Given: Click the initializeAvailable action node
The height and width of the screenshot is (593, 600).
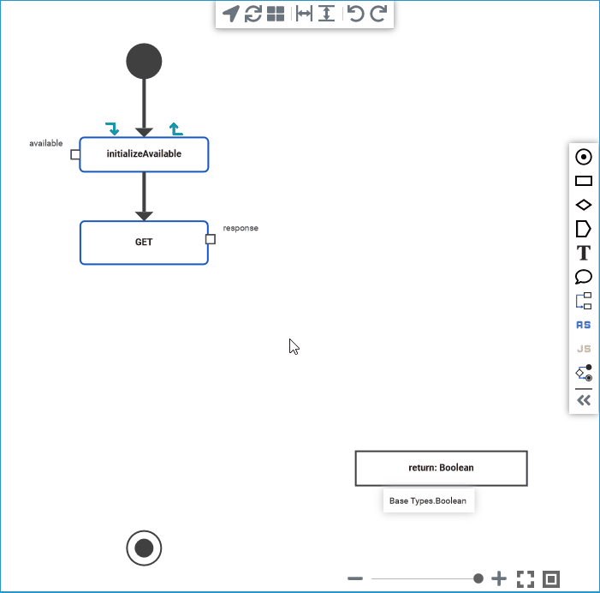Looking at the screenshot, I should click(144, 154).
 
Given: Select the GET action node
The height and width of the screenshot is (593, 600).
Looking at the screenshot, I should click(144, 243).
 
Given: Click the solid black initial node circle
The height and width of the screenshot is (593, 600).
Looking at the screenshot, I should click(144, 62).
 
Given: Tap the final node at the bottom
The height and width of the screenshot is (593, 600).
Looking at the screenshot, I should click(144, 548).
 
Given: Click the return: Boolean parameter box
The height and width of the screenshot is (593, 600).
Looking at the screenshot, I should click(441, 468).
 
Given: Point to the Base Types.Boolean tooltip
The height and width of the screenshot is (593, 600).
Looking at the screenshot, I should click(428, 500).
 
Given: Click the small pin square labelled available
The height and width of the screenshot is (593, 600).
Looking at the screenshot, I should click(75, 155).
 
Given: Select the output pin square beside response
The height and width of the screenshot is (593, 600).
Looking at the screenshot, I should click(211, 239).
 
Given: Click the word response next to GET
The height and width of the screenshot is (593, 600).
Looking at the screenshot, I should click(241, 228).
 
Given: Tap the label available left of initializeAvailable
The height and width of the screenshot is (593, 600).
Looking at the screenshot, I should click(46, 143).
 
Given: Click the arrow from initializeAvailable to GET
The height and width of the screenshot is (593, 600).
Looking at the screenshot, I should click(144, 196).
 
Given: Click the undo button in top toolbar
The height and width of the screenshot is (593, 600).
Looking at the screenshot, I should click(355, 14).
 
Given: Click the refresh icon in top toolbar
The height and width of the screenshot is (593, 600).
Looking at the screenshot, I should click(253, 14).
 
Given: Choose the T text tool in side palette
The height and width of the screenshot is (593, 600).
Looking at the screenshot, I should click(584, 253).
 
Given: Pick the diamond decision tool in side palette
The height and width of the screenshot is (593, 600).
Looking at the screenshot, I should click(584, 205).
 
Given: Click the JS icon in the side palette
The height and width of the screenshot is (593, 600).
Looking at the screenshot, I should click(584, 349).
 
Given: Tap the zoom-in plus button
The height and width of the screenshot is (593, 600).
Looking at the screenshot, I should click(500, 579).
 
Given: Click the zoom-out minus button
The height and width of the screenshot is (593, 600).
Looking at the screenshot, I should click(355, 579).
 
